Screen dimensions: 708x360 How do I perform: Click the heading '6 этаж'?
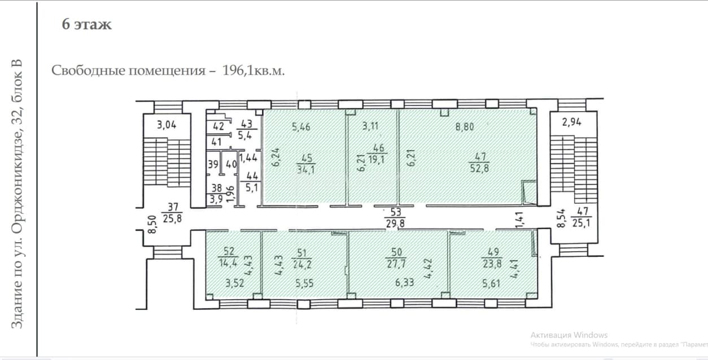click(86, 24)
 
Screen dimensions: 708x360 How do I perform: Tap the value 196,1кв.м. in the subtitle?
click(254, 71)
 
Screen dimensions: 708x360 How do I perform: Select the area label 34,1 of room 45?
click(305, 170)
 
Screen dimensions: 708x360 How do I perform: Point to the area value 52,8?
click(479, 168)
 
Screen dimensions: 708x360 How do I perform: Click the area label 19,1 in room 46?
click(377, 159)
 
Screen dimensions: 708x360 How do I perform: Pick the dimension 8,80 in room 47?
click(465, 126)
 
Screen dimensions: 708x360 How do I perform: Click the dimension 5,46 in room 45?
click(301, 127)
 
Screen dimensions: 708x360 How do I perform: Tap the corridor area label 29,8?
click(395, 223)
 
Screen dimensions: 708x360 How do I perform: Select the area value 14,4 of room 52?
click(228, 263)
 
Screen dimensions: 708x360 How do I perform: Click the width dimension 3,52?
click(235, 283)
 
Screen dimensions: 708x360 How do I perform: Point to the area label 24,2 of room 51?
click(302, 264)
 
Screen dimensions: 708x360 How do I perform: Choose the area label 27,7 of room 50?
click(396, 264)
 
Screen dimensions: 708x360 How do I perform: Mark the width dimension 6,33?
click(405, 282)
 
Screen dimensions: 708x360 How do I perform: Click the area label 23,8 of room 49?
click(492, 264)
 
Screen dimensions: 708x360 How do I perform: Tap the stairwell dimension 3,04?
click(167, 125)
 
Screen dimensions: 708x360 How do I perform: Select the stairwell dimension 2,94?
click(571, 122)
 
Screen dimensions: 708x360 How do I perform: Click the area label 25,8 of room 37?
click(172, 218)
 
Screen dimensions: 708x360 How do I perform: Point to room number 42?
click(218, 126)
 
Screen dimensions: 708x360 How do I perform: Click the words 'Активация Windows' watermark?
click(569, 335)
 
